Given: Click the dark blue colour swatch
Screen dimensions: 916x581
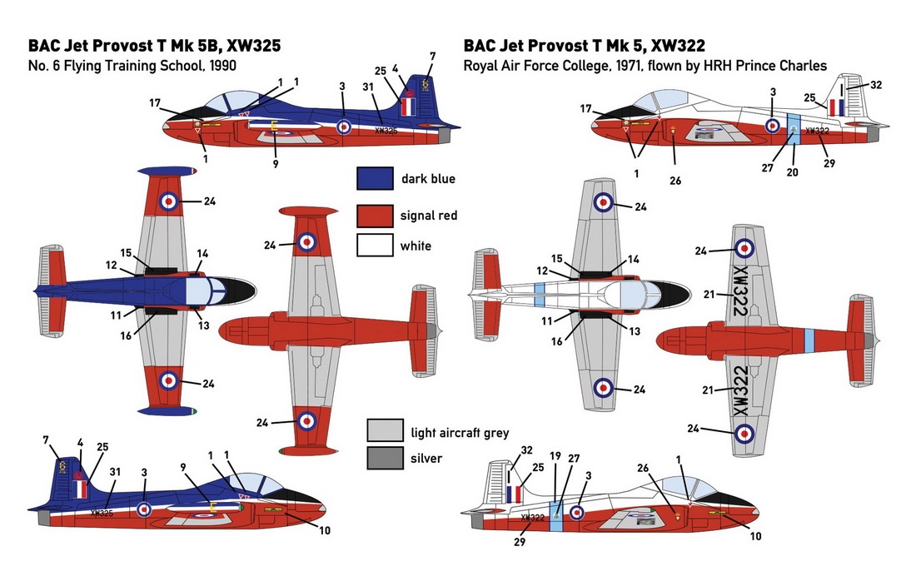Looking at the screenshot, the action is coord(375,179).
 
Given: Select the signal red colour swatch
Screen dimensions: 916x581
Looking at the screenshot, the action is coord(375,216).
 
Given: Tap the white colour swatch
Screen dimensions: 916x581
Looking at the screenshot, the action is coord(375,246).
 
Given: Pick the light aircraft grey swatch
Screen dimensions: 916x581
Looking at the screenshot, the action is coord(385,430).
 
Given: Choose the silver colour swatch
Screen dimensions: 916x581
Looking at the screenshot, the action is coord(385,458).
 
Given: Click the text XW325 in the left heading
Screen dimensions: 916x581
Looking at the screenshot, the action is coord(253,46).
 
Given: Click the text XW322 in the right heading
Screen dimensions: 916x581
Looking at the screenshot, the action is coord(678,46).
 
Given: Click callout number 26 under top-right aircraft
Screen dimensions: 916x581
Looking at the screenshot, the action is coord(675,181).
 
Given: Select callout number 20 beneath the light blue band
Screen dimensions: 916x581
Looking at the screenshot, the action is coord(792,172).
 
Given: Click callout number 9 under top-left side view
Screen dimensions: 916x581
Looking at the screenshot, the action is coord(276,164).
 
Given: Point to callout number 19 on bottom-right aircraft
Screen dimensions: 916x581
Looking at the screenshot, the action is coord(555,456).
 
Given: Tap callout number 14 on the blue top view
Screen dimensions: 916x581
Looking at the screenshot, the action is coord(202,253).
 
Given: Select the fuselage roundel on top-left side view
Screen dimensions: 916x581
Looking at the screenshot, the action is coord(344,127).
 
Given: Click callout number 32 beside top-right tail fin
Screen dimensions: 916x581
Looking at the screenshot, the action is coord(876,85).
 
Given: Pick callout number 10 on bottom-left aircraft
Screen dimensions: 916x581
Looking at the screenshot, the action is coord(325,531).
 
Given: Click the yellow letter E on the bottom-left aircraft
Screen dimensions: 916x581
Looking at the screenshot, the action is coord(213,507).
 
